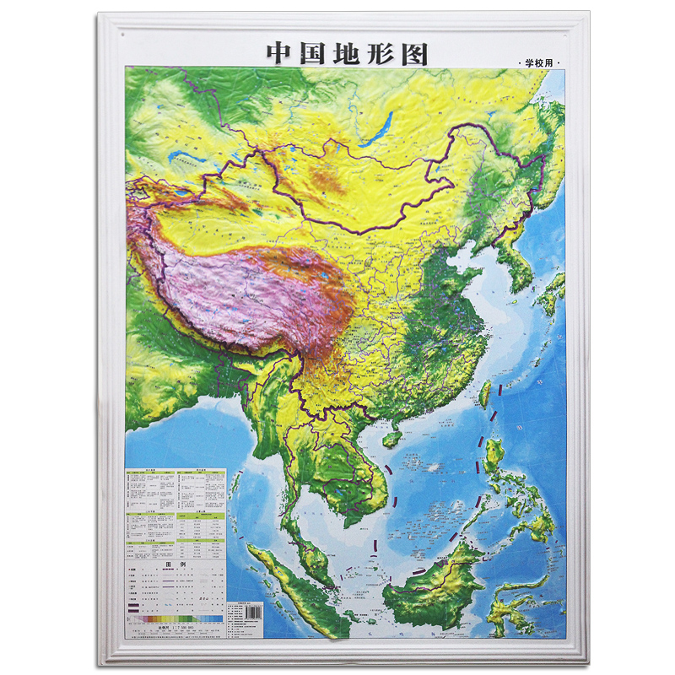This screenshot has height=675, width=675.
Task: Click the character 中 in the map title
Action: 281,52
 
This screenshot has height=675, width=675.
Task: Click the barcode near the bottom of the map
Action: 246,607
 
